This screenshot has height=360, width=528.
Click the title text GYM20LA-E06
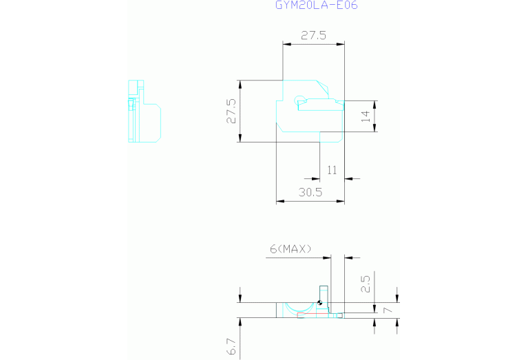pyautogui.click(x=316, y=5)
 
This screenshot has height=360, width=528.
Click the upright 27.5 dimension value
pyautogui.click(x=313, y=35)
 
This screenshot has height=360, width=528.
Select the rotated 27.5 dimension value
pyautogui.click(x=231, y=111)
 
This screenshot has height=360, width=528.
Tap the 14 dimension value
pyautogui.click(x=366, y=116)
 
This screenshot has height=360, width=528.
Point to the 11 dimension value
pyautogui.click(x=332, y=170)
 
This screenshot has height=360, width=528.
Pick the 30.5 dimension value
pyautogui.click(x=310, y=192)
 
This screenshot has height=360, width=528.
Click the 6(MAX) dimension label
pyautogui.click(x=291, y=249)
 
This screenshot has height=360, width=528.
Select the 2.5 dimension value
pyautogui.click(x=366, y=284)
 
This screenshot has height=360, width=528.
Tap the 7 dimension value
pyautogui.click(x=388, y=310)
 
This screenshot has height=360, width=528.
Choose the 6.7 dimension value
pyautogui.click(x=231, y=347)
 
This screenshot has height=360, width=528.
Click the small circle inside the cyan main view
pyautogui.click(x=299, y=100)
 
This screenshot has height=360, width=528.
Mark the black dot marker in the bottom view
pyautogui.click(x=320, y=303)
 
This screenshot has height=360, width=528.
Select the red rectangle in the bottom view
pyautogui.click(x=313, y=315)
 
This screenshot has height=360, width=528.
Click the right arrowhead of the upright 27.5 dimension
pyautogui.click(x=341, y=44)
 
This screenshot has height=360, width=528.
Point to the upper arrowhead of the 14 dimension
pyautogui.click(x=374, y=105)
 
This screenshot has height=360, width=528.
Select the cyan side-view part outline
pyautogui.click(x=145, y=111)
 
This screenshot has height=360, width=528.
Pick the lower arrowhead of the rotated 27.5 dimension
pyautogui.click(x=240, y=138)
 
